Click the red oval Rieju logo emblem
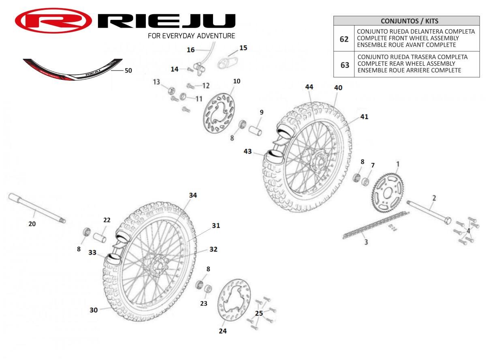[53, 21]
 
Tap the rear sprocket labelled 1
[388, 193]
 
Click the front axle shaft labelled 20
[37, 208]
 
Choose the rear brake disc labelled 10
[219, 114]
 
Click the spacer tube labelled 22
[100, 238]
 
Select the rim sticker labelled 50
[72, 69]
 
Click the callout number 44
[309, 87]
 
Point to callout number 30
[94, 310]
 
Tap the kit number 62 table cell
[344, 39]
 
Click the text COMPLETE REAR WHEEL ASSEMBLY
[406, 64]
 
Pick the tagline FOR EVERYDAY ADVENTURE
[191, 36]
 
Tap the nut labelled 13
[172, 90]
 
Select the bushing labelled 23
[208, 289]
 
